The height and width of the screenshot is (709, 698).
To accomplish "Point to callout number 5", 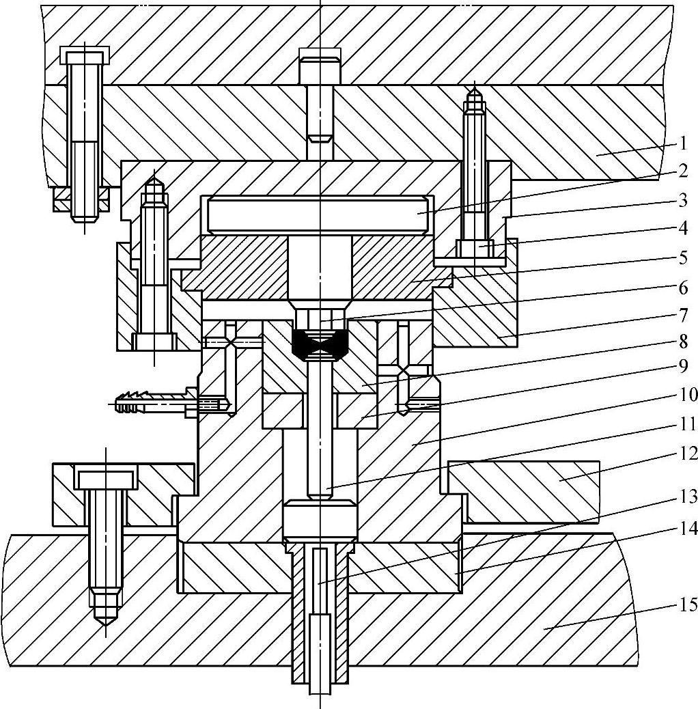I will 683,259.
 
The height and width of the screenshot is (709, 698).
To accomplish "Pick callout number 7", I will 683,316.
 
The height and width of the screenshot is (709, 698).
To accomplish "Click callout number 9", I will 683,366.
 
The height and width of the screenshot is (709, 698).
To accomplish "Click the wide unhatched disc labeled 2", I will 318,214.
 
